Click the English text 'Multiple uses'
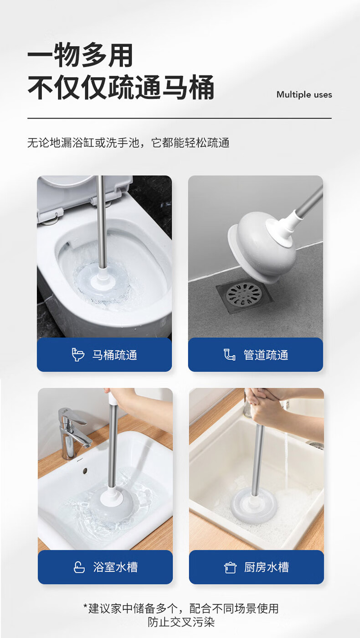click(304, 94)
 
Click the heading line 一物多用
click(80, 55)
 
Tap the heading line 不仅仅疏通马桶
click(121, 87)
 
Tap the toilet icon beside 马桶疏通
click(77, 355)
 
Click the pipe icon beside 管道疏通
click(229, 355)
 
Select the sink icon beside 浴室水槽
click(79, 567)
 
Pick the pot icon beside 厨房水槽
click(230, 567)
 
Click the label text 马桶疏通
click(115, 355)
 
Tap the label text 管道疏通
click(266, 355)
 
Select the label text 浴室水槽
click(115, 567)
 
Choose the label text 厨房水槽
click(267, 567)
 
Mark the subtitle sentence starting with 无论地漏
click(129, 143)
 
